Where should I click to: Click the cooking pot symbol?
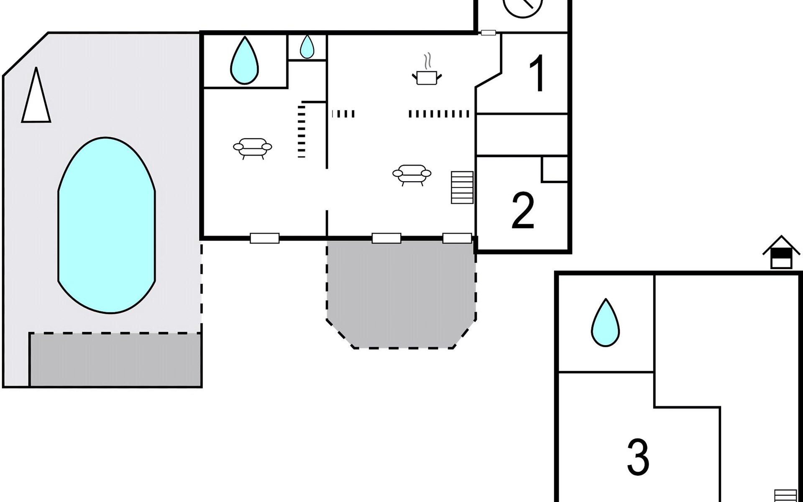click(427, 77)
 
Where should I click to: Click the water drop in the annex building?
click(605, 323)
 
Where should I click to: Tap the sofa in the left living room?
click(253, 148)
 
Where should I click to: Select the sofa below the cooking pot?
click(412, 174)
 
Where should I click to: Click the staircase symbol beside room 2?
click(462, 187)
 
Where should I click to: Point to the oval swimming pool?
click(107, 225)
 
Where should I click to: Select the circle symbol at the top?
click(523, 6)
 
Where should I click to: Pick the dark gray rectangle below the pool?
click(115, 359)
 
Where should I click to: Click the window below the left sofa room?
click(264, 238)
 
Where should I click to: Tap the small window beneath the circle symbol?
click(488, 33)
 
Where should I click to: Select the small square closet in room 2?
click(555, 169)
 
